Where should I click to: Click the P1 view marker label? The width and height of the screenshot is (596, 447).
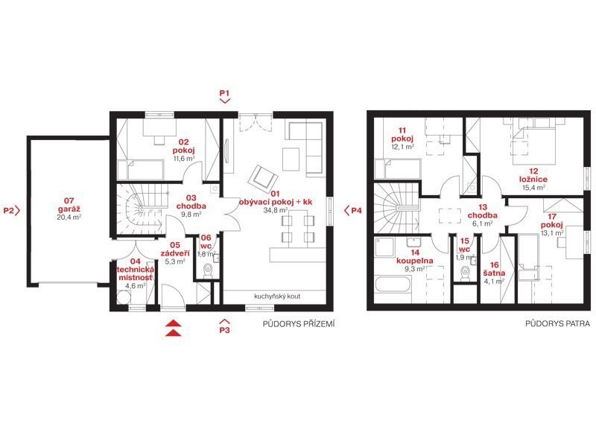coord(225,92)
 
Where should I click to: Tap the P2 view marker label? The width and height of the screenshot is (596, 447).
coord(9,210)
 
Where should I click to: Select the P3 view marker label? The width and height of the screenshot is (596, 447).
coord(225,330)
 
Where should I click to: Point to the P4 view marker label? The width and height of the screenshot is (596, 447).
coord(357,211)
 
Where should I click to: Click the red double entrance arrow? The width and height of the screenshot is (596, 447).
coord(174,329)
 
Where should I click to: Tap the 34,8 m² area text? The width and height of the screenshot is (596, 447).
coord(276,210)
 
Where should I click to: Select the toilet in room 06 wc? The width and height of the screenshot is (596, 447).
coord(208,271)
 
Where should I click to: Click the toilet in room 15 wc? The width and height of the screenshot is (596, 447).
coord(465,273)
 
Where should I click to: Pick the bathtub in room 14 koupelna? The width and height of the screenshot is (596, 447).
coord(393,289)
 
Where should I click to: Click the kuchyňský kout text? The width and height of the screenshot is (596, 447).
coord(277,296)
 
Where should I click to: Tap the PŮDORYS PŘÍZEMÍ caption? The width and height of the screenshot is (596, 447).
coord(299,324)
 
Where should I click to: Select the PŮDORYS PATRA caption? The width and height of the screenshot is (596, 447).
coord(557,324)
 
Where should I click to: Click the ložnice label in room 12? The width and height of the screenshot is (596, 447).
coord(534,180)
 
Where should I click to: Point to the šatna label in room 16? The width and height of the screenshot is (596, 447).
coord(494,273)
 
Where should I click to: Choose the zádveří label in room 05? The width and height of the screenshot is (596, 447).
coord(175,253)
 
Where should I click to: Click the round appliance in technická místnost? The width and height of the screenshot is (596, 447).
coord(124,297)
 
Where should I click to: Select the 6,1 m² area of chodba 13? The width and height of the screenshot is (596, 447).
coord(482,223)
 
